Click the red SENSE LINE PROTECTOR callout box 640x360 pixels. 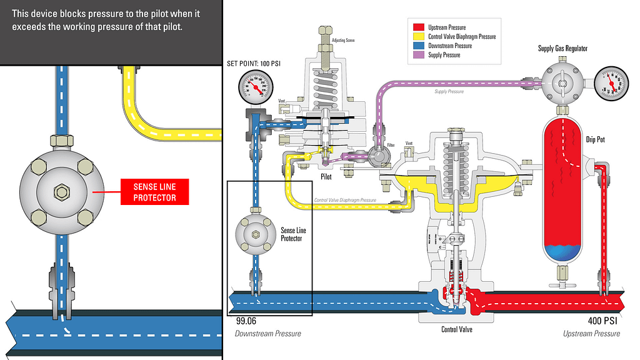[154, 192]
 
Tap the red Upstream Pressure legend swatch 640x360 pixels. [419, 27]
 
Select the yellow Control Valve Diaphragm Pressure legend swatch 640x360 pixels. [419, 37]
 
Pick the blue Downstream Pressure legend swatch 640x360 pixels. [419, 46]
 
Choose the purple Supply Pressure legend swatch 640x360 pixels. [419, 55]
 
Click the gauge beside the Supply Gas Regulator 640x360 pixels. [610, 83]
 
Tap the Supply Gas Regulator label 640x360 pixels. [562, 49]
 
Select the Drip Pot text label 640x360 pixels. [596, 139]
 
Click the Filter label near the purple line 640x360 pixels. [391, 145]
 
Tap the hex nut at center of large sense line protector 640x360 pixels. [61, 192]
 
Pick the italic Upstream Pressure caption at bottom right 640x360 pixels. [591, 334]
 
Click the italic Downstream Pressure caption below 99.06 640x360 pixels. [267, 334]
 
